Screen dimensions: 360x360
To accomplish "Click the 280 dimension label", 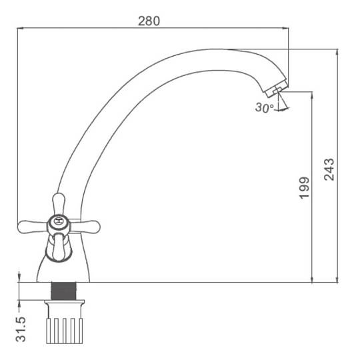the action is pos(149,21).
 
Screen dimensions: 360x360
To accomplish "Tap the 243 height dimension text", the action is pos(329,169).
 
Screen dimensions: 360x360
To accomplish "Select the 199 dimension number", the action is pos(304,187).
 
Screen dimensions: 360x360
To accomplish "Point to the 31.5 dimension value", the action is pos(21,329).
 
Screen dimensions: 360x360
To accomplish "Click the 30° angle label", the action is pos(264,107).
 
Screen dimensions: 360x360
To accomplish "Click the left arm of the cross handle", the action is pos(33,227).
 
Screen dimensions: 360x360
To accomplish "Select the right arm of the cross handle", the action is pos(85,227).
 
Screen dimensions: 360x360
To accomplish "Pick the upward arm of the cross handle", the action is pos(59,204).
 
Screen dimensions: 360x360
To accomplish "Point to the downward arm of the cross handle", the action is pos(58,247).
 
